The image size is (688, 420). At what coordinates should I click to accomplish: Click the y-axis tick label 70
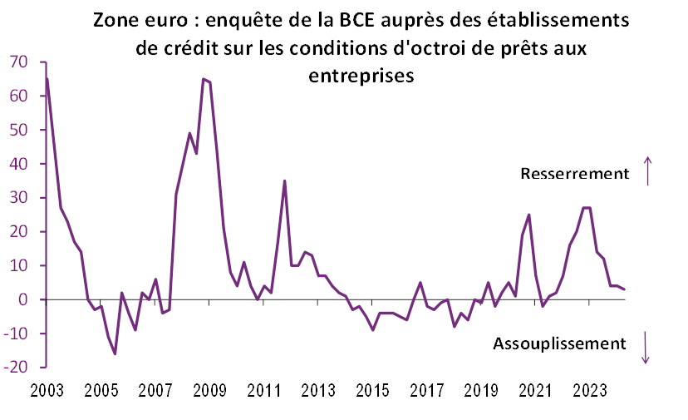(x=19, y=62)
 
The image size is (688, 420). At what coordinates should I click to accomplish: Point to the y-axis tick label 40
(x=19, y=164)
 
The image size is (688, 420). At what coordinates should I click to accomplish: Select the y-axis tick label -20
(x=17, y=366)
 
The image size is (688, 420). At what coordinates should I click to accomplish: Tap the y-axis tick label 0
(x=23, y=299)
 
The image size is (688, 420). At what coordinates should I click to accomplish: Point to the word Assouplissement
(x=558, y=343)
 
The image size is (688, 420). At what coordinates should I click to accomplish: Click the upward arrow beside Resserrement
(x=649, y=171)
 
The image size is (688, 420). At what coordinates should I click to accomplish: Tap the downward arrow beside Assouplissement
(x=646, y=347)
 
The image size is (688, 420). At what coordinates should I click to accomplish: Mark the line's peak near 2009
(x=204, y=79)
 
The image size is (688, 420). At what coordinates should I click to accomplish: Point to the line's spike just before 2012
(x=285, y=180)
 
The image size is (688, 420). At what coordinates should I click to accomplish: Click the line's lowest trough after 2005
(x=115, y=353)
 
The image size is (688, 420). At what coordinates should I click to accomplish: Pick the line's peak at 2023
(x=587, y=207)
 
